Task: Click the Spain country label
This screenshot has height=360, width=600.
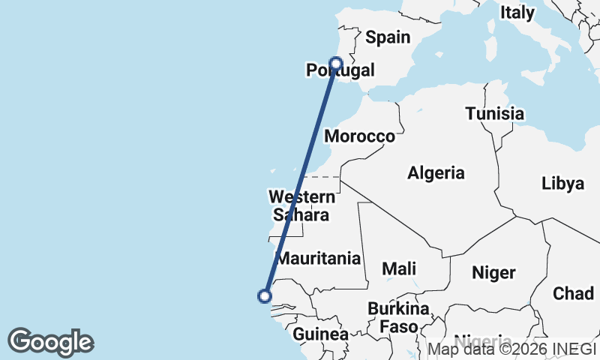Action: click(388, 37)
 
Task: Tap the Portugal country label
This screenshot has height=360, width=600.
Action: click(340, 71)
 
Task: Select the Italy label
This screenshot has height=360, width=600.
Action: click(517, 13)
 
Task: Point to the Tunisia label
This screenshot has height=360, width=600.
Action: click(494, 114)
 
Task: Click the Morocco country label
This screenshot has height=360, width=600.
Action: click(359, 136)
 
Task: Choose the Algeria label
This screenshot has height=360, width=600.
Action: click(436, 173)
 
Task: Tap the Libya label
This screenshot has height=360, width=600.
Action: click(562, 184)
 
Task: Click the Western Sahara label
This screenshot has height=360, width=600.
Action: click(301, 206)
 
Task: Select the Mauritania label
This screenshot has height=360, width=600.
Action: click(319, 259)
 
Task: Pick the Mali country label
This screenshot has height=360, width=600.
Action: click(399, 268)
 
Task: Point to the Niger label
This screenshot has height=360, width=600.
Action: click(493, 272)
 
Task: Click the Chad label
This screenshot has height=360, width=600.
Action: click(573, 293)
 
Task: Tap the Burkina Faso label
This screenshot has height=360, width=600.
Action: click(397, 317)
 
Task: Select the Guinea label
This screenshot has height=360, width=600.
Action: click(320, 334)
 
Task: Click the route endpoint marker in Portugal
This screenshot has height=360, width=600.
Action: click(336, 64)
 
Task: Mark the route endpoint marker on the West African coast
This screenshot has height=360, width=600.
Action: click(265, 296)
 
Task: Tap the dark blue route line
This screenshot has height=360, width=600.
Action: click(300, 180)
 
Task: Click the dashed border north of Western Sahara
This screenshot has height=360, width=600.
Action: click(324, 177)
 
